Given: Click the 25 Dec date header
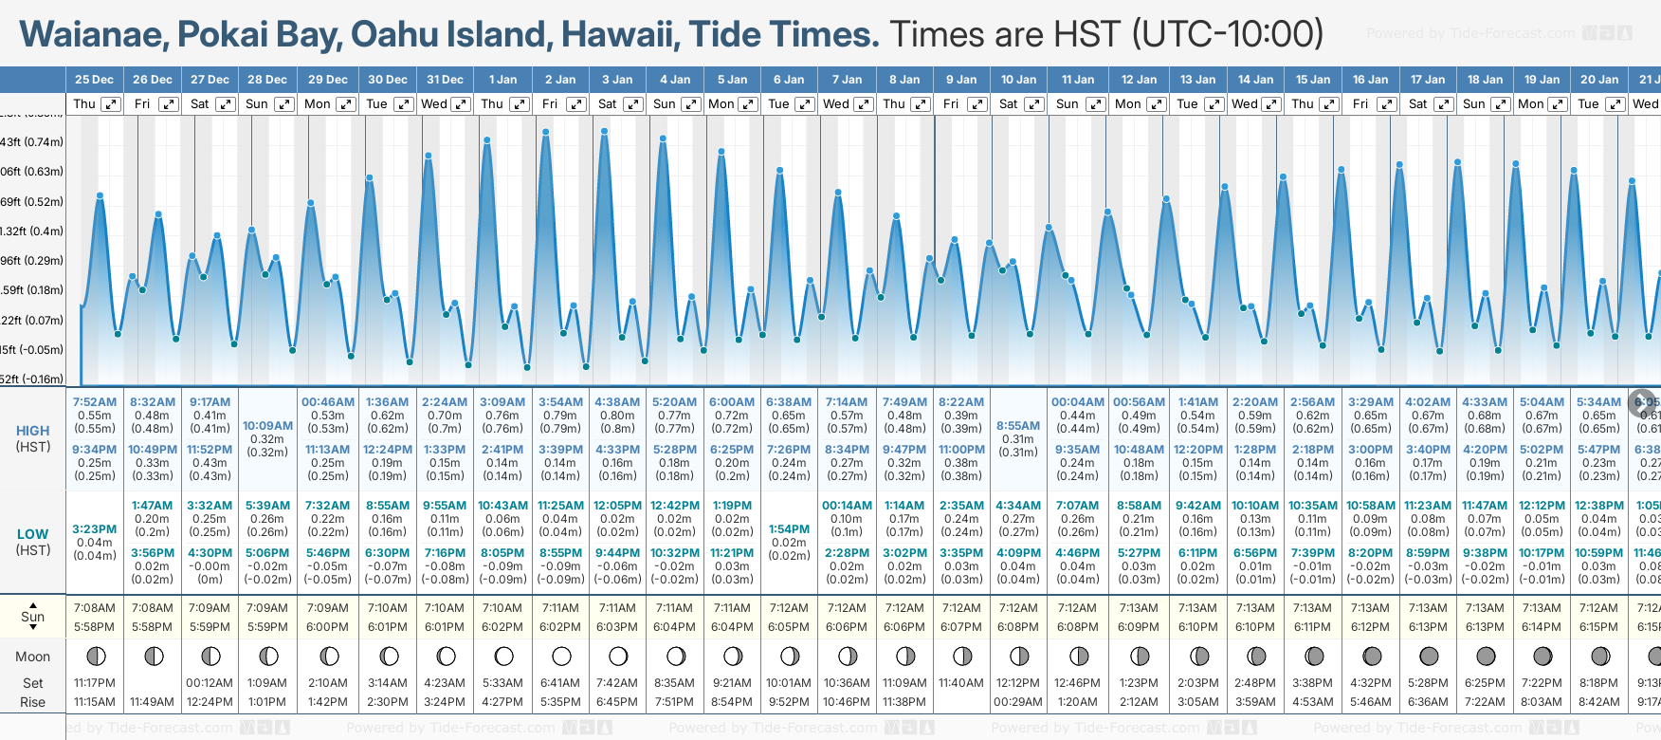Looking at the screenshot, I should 94,80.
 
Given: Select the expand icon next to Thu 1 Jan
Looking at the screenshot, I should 519,104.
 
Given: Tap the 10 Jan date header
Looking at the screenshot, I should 1019,80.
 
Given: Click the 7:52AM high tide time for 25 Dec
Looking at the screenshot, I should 95,402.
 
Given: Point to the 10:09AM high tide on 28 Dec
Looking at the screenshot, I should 267,426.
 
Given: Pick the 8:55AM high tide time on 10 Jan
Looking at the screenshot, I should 1018,426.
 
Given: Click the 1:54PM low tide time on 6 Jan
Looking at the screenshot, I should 789,529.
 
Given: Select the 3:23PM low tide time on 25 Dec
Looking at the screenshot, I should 95,529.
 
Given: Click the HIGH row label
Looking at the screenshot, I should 32,431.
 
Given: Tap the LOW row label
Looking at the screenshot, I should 32,534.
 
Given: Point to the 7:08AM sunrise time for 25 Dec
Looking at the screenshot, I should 95,608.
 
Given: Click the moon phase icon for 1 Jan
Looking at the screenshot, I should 503,656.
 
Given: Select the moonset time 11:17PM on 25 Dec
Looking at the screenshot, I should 95,683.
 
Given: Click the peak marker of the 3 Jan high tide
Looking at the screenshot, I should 604,131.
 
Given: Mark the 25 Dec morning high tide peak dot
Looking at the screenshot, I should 100,195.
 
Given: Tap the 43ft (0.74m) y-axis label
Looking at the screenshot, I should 32,142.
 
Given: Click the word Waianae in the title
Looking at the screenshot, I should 93,35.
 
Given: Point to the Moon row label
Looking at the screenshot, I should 32,657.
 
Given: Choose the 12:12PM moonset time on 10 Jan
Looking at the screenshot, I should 1018,683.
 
